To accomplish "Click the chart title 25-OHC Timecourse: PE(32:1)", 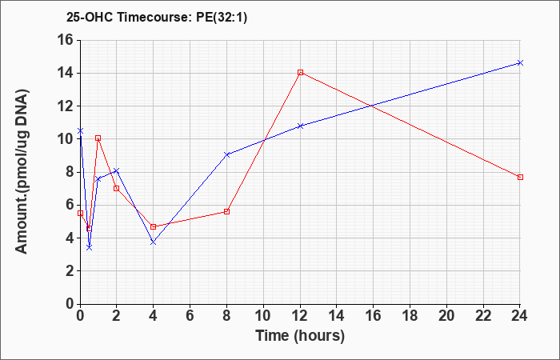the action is (x=157, y=18).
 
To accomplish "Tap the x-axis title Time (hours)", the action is (x=300, y=336).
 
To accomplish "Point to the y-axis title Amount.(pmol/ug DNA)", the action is (x=22, y=171).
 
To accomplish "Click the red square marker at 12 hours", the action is (x=300, y=73).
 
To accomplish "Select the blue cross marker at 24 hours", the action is (x=520, y=63).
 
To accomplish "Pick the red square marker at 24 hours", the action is (x=520, y=177).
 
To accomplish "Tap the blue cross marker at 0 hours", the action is (x=80, y=131).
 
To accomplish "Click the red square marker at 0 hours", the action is (x=80, y=214).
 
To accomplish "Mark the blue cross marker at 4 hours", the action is (x=154, y=242).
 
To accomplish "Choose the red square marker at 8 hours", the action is (x=226, y=211).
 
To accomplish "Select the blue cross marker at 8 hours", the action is (x=226, y=154).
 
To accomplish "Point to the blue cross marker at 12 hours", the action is (x=300, y=126).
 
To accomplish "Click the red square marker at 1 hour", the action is (x=98, y=138).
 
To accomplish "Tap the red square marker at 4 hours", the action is (x=154, y=226).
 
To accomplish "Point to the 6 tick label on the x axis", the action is (x=190, y=316).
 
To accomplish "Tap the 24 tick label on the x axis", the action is (x=520, y=316).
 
